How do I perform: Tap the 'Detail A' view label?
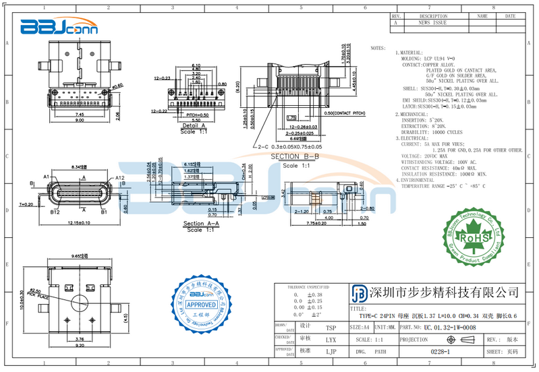pos(193,125)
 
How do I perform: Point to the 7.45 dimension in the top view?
pos(79,115)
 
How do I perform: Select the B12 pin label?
pos(55,212)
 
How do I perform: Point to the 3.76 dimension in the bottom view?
pos(79,338)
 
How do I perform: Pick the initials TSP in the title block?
pos(331,328)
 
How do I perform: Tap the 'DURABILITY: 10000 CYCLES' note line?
pos(433,132)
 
